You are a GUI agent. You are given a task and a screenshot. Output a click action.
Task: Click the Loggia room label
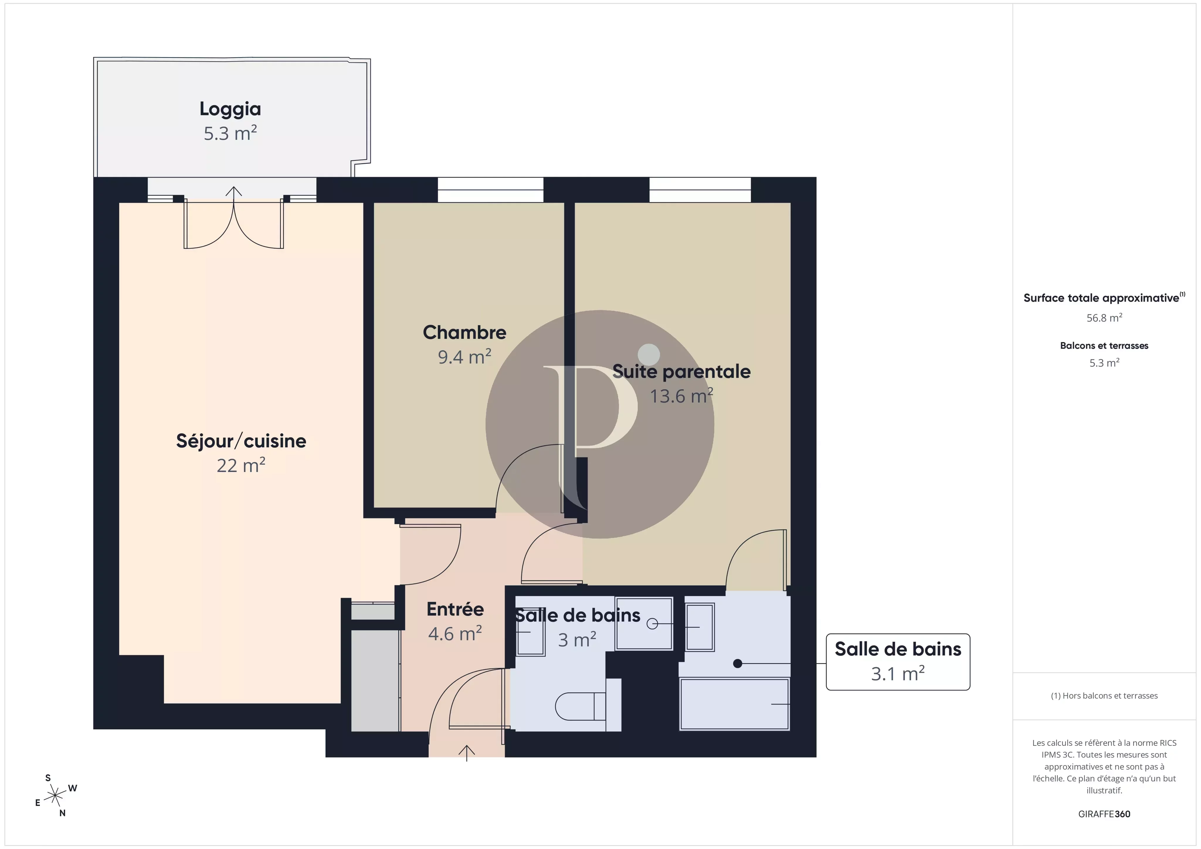point(230,109)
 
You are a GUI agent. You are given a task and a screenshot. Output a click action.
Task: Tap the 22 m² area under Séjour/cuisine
point(241,465)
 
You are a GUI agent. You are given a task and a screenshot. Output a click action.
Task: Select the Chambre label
point(464,332)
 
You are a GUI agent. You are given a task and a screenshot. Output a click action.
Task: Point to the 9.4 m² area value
point(464,357)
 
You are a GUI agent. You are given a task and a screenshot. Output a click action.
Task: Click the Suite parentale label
point(682,371)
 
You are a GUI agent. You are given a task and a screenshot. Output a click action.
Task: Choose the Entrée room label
point(455,609)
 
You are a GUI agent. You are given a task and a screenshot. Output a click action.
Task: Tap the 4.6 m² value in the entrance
point(455,634)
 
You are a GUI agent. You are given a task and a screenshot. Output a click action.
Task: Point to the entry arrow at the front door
point(467,753)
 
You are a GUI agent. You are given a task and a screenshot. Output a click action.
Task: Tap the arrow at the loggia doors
point(234,192)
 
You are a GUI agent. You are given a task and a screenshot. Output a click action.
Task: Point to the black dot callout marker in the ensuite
point(737,663)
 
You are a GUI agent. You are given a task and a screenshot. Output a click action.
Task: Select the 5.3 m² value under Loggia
point(230,133)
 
